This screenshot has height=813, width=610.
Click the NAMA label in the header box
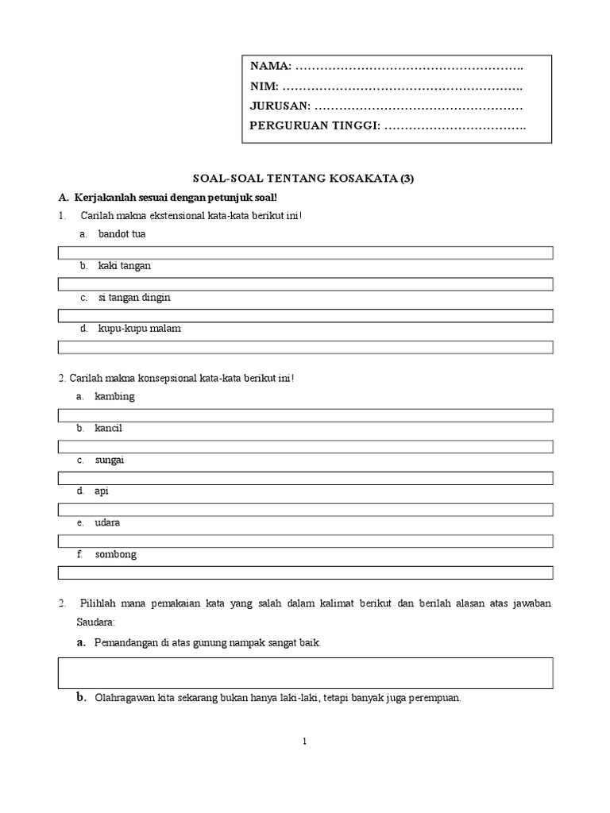pyautogui.click(x=270, y=64)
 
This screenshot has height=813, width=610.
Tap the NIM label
pyautogui.click(x=264, y=85)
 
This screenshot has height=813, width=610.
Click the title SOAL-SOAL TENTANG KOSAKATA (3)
pyautogui.click(x=304, y=179)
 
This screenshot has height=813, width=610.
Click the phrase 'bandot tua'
pyautogui.click(x=122, y=234)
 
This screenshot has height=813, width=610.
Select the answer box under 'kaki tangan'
pyautogui.click(x=305, y=283)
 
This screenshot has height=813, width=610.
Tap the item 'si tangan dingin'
pyautogui.click(x=134, y=298)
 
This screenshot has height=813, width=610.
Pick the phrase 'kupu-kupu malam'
pyautogui.click(x=139, y=329)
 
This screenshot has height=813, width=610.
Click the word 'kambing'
pyautogui.click(x=114, y=396)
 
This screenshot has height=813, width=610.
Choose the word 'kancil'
pyautogui.click(x=109, y=428)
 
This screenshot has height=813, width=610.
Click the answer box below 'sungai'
pyautogui.click(x=305, y=477)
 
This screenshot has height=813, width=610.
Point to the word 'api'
pyautogui.click(x=101, y=491)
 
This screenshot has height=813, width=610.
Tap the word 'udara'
pyautogui.click(x=108, y=523)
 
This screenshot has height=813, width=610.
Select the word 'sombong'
pyautogui.click(x=115, y=554)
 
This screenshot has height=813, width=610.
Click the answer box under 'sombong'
pyautogui.click(x=305, y=572)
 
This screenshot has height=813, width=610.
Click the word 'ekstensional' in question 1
pyautogui.click(x=160, y=216)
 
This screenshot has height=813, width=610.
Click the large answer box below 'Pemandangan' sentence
pyautogui.click(x=305, y=672)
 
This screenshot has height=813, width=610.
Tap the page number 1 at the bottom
pyautogui.click(x=305, y=742)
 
